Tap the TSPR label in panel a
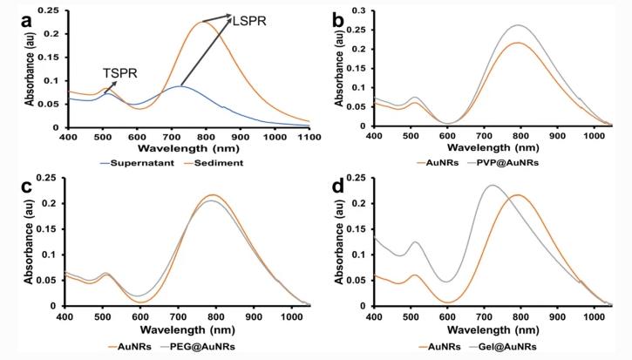122,73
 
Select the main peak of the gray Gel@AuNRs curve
493,185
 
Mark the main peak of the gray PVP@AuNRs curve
518,25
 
